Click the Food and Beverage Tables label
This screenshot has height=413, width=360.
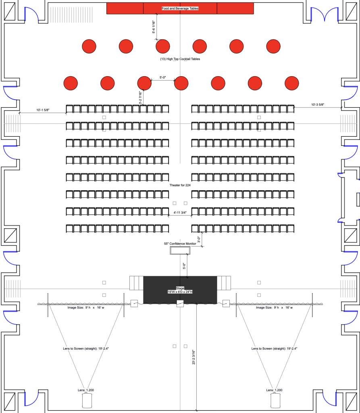[x=180, y=8]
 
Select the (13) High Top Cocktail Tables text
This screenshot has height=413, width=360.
[x=180, y=59]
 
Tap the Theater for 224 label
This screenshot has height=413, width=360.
[x=180, y=185]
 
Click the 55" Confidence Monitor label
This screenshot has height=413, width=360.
[x=180, y=244]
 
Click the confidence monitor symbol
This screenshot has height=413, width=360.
[x=180, y=250]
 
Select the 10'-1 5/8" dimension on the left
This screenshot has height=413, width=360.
[x=43, y=110]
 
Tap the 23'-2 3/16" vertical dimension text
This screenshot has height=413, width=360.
[x=194, y=357]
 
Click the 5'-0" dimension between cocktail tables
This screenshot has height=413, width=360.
[x=163, y=77]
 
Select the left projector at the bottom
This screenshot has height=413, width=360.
[x=87, y=400]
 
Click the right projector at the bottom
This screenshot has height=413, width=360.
[x=275, y=400]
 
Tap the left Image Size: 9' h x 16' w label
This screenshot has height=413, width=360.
[x=85, y=308]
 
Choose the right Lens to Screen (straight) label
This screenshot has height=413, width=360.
[x=275, y=348]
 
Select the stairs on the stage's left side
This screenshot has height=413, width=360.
[x=136, y=283]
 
